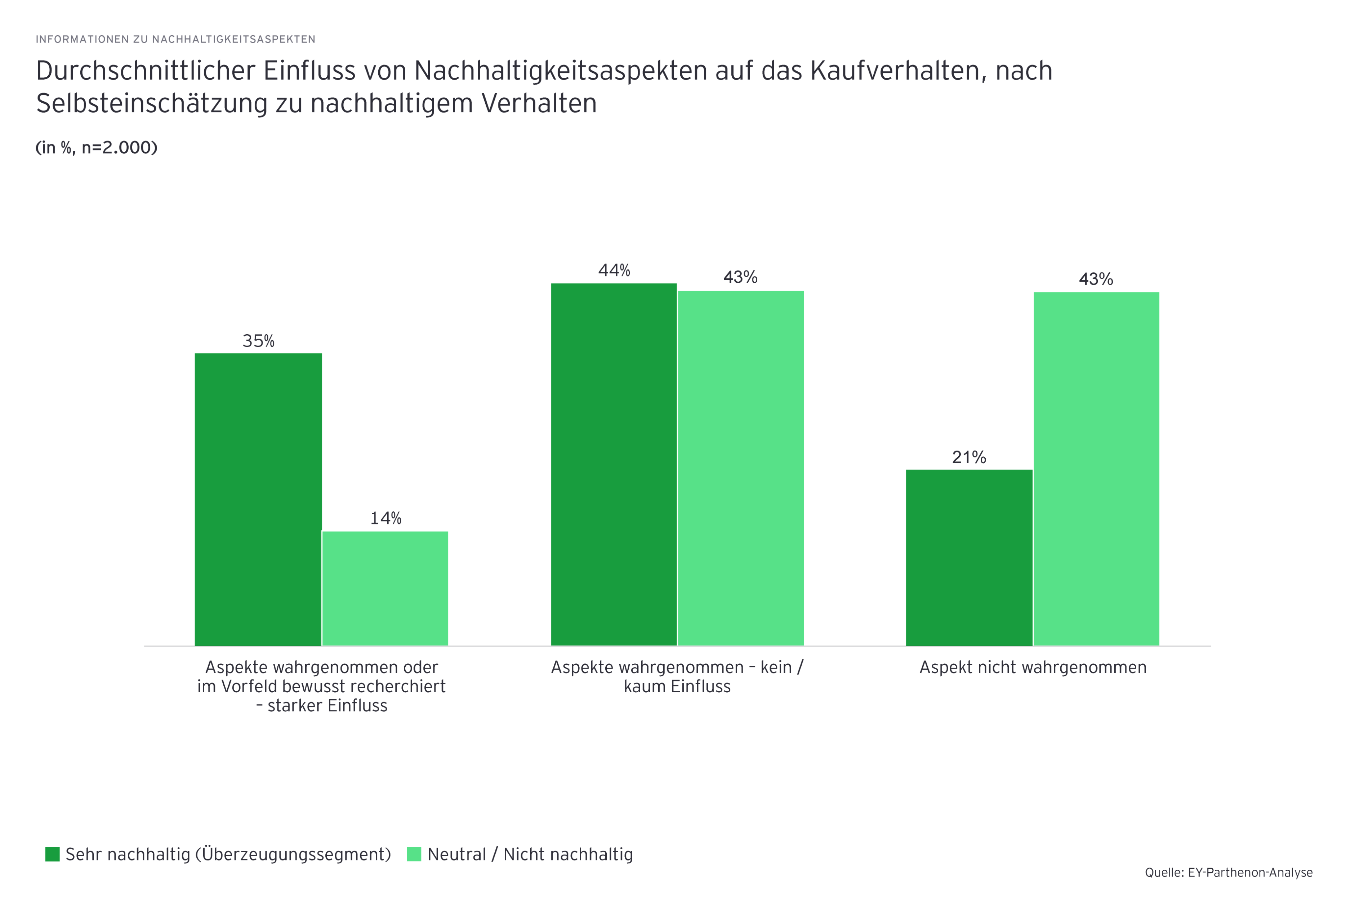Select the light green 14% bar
385,588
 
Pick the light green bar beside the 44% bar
741,468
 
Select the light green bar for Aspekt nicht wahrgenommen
1096,468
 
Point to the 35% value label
258,341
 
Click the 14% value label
385,518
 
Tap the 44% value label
614,270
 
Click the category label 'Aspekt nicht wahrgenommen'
1033,667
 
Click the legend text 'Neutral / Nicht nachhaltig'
530,855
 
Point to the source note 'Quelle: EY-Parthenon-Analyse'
1229,873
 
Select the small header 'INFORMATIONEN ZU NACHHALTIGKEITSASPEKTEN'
175,39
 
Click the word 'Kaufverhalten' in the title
898,71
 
